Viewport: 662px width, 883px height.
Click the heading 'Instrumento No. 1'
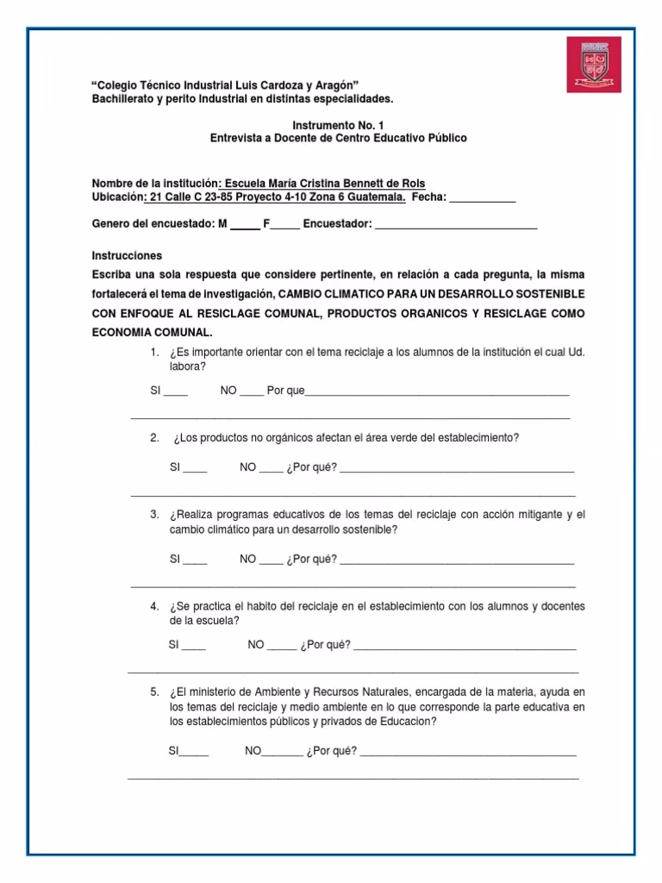tap(339, 125)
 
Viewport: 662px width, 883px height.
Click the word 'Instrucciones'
tap(127, 256)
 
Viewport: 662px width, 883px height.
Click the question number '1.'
tap(154, 353)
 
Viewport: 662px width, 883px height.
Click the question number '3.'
tap(154, 515)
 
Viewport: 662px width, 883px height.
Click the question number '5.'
tap(154, 692)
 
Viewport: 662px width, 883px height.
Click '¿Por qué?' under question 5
tap(331, 751)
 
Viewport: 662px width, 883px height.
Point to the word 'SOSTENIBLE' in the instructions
tap(548, 294)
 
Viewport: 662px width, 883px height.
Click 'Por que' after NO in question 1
tap(286, 391)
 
